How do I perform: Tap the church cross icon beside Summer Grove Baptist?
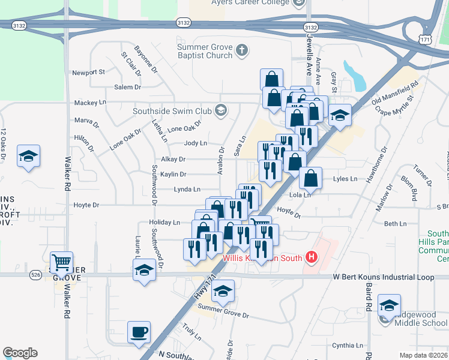tap(242, 50)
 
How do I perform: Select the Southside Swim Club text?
tap(179, 111)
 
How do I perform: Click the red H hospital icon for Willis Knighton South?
tap(311, 258)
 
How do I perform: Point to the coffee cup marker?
tap(139, 332)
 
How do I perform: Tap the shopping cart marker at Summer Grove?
tap(61, 263)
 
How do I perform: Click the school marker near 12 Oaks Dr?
tap(28, 157)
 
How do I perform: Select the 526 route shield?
tap(35, 275)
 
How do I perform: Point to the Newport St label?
tap(89, 72)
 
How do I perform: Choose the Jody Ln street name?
tap(195, 143)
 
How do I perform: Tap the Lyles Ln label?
tap(345, 179)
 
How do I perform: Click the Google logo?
tap(20, 353)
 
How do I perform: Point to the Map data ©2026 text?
tap(423, 355)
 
